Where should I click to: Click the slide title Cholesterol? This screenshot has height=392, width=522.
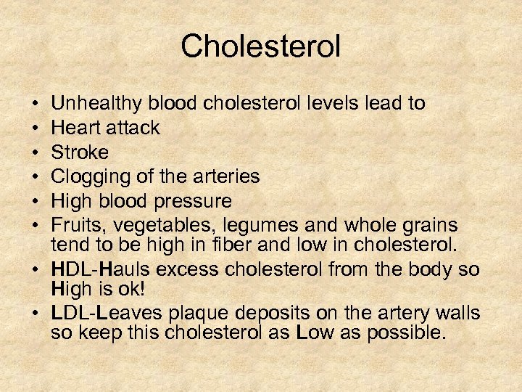[x=260, y=46]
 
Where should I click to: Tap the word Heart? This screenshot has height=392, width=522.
[x=77, y=128]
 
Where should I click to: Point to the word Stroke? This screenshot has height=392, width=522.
[x=80, y=152]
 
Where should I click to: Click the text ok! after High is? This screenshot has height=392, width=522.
[x=133, y=289]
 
